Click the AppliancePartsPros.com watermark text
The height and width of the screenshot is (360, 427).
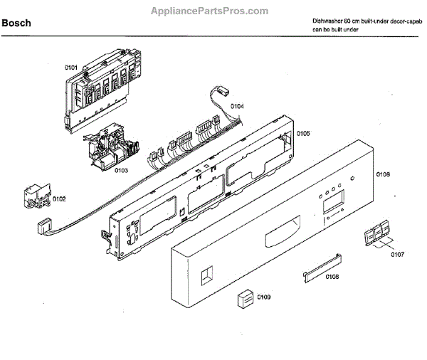210,11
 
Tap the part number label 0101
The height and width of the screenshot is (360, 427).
71,68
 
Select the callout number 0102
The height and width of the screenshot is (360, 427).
58,199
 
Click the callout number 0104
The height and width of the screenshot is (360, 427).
237,106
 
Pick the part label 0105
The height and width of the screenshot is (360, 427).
303,133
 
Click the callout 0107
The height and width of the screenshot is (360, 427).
397,254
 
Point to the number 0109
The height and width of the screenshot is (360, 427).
265,297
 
